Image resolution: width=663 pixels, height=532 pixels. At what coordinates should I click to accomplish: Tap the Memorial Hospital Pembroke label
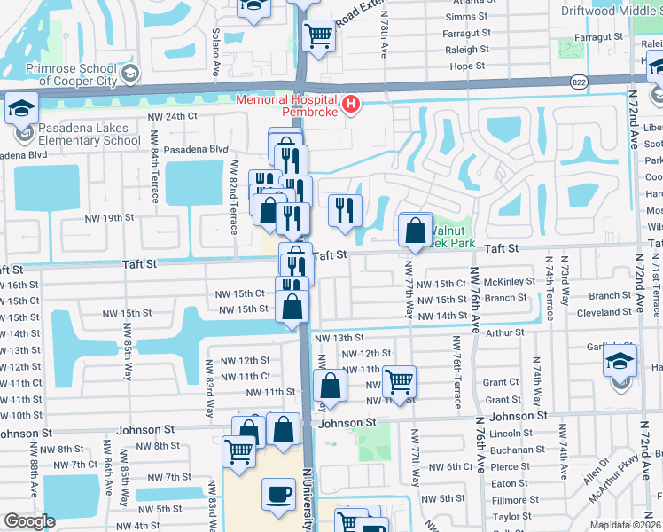pos(288,106)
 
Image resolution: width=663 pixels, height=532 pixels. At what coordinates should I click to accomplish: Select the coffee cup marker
pos(278,494)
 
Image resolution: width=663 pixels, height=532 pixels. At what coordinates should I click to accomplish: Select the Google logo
pos(29,521)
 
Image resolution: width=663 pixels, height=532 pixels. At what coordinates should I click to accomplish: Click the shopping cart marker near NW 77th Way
pos(400,382)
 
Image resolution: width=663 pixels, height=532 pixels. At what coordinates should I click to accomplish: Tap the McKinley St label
pos(511,282)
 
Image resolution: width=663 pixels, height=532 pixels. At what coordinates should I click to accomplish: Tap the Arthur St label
pos(506,332)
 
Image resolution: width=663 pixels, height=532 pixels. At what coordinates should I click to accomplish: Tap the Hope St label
pos(469,66)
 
